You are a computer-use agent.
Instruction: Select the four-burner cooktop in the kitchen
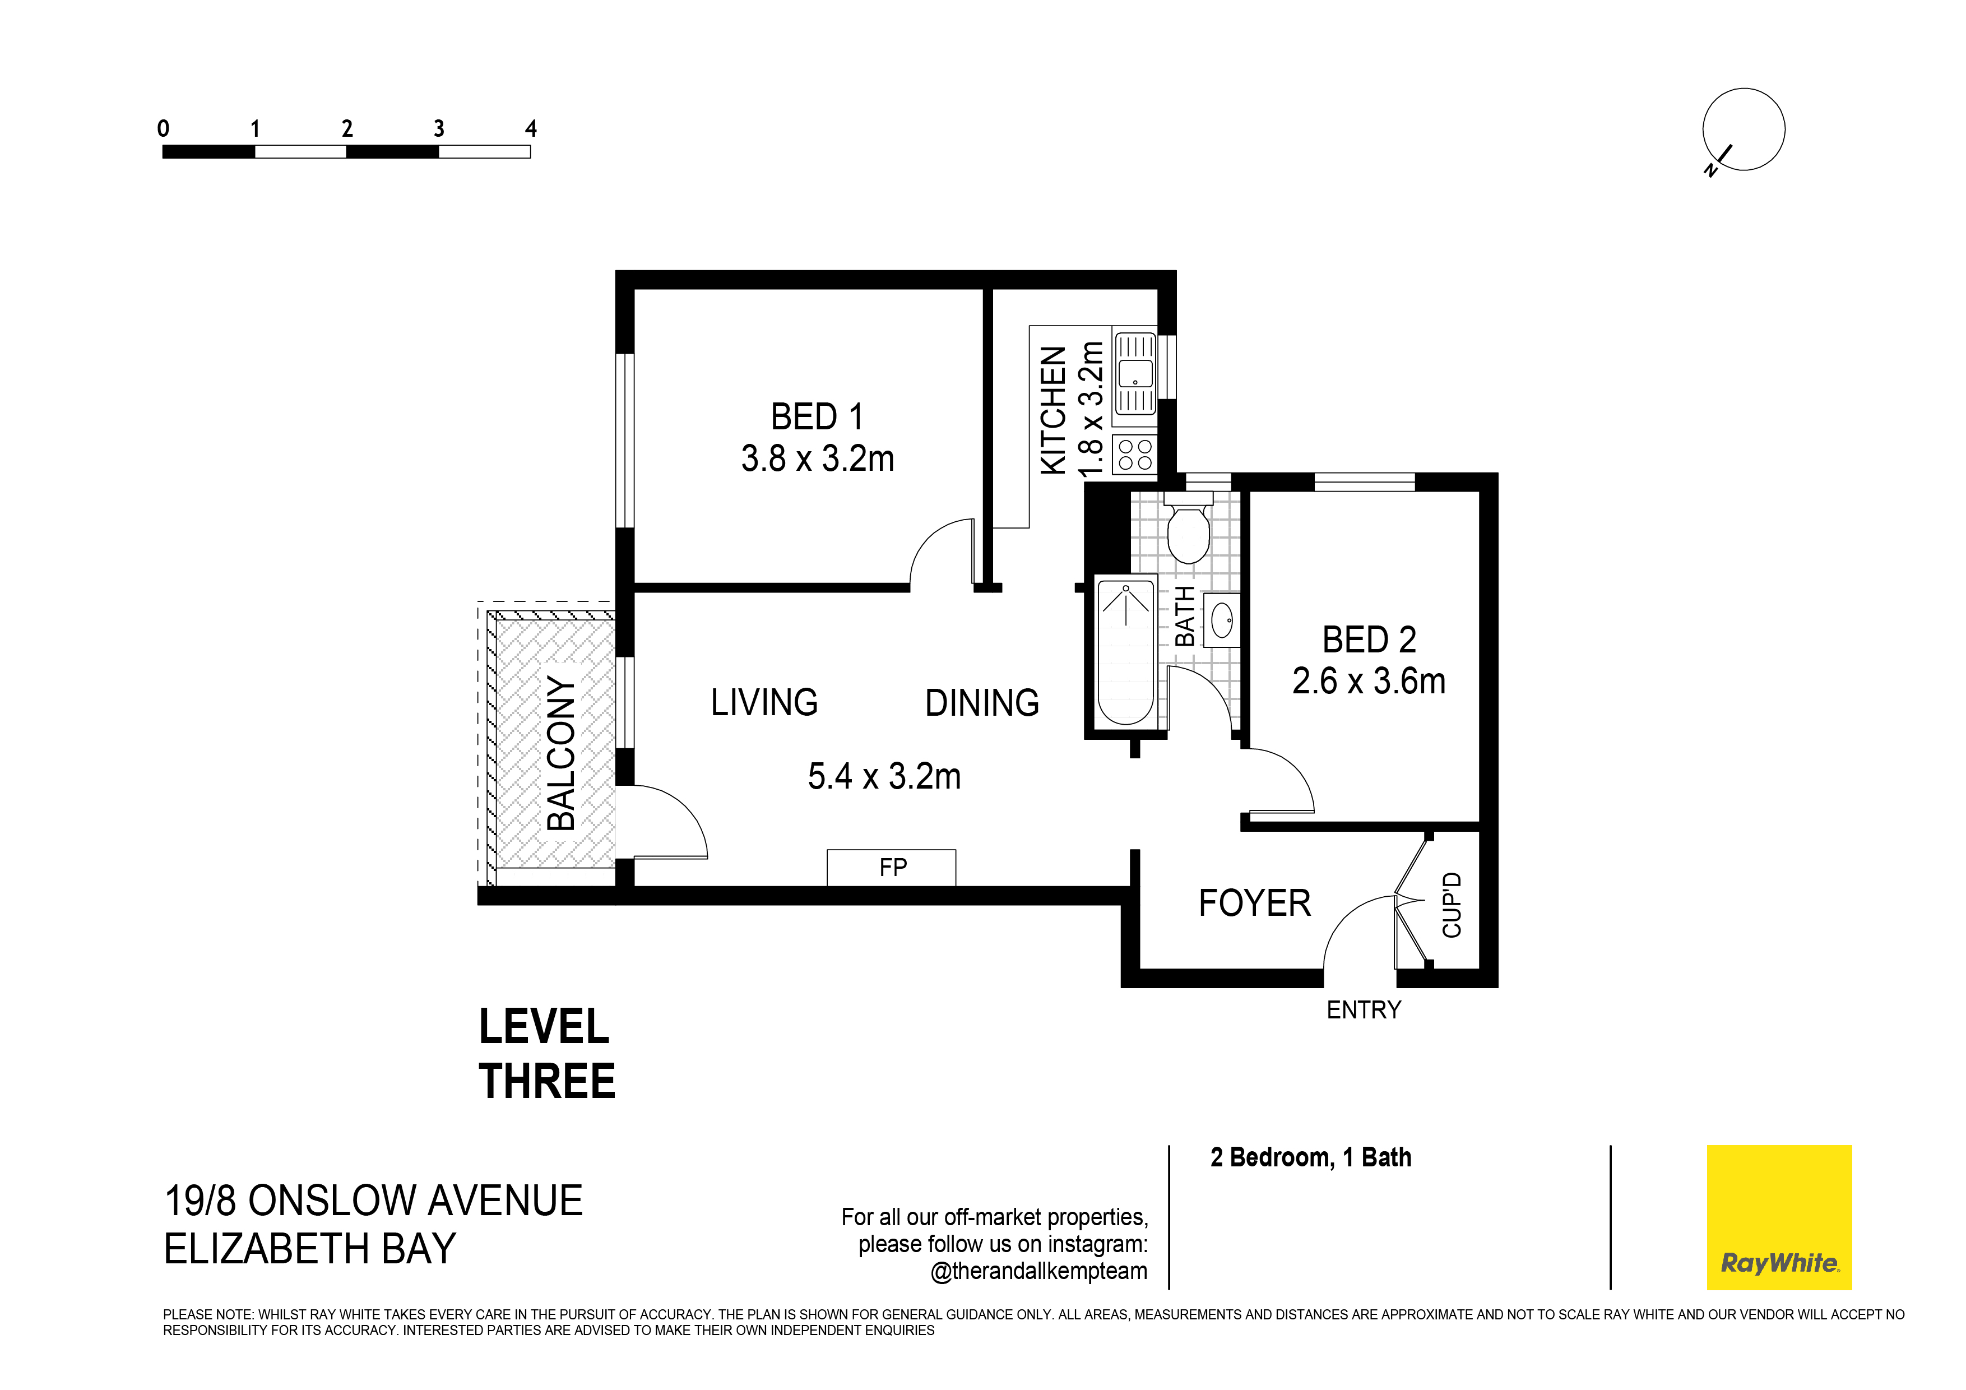pyautogui.click(x=1134, y=454)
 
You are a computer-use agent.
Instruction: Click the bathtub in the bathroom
pyautogui.click(x=1126, y=652)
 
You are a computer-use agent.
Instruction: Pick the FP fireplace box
pyautogui.click(x=892, y=868)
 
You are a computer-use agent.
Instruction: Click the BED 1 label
pyautogui.click(x=817, y=417)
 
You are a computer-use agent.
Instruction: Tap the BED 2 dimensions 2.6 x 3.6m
pyautogui.click(x=1369, y=682)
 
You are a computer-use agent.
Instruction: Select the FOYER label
pyautogui.click(x=1254, y=903)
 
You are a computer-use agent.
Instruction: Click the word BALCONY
pyautogui.click(x=561, y=754)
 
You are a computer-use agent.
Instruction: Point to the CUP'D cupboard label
pyautogui.click(x=1452, y=905)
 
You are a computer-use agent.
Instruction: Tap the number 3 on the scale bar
pyautogui.click(x=438, y=128)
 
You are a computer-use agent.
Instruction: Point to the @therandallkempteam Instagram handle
pyautogui.click(x=1038, y=1271)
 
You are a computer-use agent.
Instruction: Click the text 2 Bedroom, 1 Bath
pyautogui.click(x=1311, y=1158)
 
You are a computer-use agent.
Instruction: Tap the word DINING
pyautogui.click(x=982, y=703)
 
